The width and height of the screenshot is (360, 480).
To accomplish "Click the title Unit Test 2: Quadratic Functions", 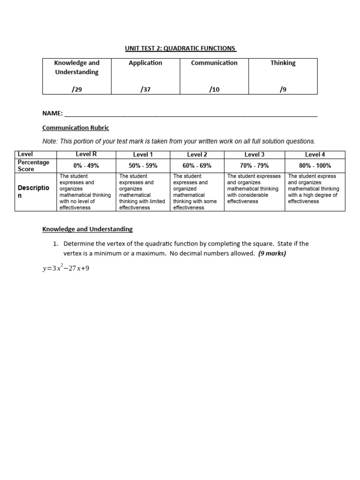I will coord(180,48).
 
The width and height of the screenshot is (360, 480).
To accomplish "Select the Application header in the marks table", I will coord(145,63).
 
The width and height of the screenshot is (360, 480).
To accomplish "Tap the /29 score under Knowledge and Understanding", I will coord(77,90).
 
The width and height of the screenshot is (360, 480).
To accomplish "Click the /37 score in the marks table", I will coord(145,90).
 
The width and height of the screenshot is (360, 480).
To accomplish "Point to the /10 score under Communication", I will coord(214,90).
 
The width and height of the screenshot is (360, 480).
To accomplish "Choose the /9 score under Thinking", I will coord(283,90).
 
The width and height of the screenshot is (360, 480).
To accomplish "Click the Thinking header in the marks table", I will coord(283,63).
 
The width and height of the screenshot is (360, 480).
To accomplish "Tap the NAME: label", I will coord(52,113).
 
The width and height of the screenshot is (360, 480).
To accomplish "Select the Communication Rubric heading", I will coord(75,127).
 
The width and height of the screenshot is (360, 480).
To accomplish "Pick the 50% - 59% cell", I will coord(143,165).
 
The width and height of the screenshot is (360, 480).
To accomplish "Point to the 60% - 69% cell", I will coord(197,165).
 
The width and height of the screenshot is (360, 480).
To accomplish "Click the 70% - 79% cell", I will coord(255,165).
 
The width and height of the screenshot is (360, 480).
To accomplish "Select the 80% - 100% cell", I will coord(315,165).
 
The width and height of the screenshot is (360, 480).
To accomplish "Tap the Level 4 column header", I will coord(315,154).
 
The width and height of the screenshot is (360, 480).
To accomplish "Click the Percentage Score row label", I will coord(33,165).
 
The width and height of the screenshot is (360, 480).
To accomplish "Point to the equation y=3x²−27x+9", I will coord(66,269).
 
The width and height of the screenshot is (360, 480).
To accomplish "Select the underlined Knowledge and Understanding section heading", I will coord(88,229).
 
